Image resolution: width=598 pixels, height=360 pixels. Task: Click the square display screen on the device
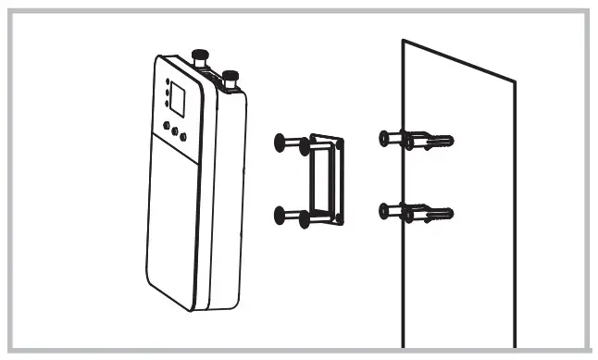point(182,100)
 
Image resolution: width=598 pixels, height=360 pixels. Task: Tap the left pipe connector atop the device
point(197,57)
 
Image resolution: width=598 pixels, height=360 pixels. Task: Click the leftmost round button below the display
point(165,124)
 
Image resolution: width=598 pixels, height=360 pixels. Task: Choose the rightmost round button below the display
point(183,137)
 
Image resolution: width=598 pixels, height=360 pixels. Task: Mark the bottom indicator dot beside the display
point(166,104)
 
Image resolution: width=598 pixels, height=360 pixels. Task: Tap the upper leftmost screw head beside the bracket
point(280,142)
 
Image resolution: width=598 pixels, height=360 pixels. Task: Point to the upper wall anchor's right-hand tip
point(451,141)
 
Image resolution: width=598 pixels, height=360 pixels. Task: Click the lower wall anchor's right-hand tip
point(451,214)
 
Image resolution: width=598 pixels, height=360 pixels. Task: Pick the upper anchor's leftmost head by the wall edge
point(385,137)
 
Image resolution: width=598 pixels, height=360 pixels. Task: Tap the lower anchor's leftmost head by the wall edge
point(385,210)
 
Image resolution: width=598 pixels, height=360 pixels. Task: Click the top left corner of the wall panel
point(403,41)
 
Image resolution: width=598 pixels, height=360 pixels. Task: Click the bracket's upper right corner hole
point(341,144)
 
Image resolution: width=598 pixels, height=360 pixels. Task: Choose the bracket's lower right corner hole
point(341,220)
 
